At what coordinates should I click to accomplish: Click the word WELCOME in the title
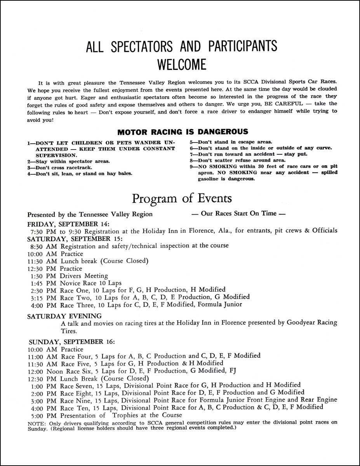(x=181, y=64)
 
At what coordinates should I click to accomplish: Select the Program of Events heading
(x=182, y=198)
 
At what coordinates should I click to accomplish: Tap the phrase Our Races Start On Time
(x=239, y=213)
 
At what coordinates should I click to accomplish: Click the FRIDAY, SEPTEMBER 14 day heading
(x=68, y=224)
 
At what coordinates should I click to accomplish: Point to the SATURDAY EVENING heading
(x=64, y=316)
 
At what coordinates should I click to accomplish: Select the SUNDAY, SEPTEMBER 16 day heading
(x=71, y=342)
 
